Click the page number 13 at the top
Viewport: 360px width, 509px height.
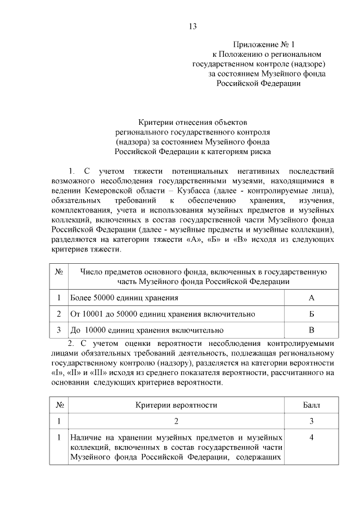192,26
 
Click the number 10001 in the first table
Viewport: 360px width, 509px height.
93,313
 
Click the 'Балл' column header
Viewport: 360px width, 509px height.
311,404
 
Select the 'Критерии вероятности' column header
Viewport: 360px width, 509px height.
176,404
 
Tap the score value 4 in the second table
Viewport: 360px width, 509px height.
311,437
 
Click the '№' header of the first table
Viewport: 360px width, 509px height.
58,272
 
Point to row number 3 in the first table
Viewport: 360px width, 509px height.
58,330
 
